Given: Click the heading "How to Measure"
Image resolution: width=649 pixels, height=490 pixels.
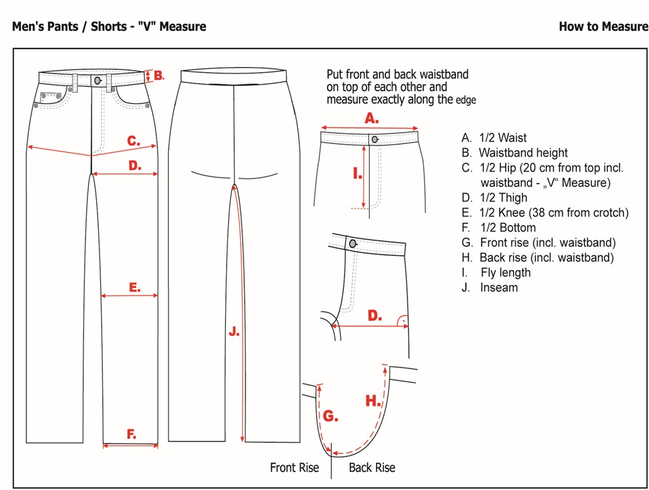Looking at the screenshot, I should tap(603, 27).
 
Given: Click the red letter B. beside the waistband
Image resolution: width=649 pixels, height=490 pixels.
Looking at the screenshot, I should tap(159, 75).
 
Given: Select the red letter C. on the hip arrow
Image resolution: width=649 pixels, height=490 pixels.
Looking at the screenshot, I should tap(134, 141).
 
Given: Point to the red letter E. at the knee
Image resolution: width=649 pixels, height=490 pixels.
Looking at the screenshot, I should tap(135, 287).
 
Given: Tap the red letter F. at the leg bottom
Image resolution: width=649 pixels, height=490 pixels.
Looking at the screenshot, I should tap(132, 435).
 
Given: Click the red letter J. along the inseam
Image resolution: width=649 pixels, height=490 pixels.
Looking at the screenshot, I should tap(233, 332).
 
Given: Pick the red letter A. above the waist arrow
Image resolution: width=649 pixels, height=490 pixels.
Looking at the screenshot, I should tap(371, 118).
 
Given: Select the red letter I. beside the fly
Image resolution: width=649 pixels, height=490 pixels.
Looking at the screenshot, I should tap(357, 174).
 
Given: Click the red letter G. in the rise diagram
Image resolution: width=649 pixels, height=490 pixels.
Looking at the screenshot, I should tap(330, 417).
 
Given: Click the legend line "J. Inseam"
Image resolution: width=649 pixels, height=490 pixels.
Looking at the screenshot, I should tap(490, 287).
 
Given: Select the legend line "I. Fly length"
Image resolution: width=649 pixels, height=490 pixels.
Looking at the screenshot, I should tap(496, 273).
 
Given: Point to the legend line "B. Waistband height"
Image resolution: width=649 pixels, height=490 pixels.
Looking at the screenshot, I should tap(514, 153).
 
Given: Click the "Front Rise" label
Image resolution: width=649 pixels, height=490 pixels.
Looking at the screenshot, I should tap(294, 467).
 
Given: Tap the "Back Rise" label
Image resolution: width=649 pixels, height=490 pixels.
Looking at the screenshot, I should tap(372, 467).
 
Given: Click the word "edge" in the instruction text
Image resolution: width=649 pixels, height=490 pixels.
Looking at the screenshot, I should tap(466, 100).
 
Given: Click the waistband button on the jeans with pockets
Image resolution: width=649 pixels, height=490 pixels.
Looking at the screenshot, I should tap(99, 80).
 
